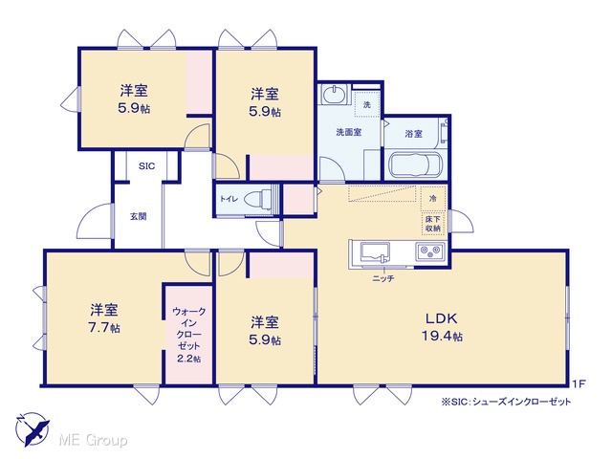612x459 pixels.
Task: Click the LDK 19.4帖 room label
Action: click(x=442, y=327)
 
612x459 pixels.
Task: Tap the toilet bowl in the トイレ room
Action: click(x=258, y=199)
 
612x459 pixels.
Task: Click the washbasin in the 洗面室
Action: click(x=334, y=94)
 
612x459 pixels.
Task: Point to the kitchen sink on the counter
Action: click(x=375, y=252)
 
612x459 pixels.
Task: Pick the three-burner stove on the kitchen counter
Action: click(x=430, y=251)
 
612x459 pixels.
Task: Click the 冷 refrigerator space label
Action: click(x=433, y=199)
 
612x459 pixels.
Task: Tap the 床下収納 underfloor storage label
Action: click(x=433, y=224)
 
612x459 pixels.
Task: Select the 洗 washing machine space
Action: click(x=367, y=104)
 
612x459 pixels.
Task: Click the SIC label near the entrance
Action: click(x=146, y=166)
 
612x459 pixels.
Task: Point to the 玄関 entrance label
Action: click(x=138, y=216)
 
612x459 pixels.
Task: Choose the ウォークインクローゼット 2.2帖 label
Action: click(x=189, y=335)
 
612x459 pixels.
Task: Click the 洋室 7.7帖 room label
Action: click(x=104, y=318)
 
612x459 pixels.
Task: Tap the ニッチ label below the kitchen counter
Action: click(x=382, y=278)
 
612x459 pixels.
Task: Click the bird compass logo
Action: click(x=32, y=429)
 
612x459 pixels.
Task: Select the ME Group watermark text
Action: click(x=93, y=441)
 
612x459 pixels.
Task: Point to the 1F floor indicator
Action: click(x=579, y=383)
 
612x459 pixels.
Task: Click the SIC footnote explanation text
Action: click(x=506, y=402)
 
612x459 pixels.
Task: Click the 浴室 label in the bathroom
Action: click(x=414, y=134)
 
